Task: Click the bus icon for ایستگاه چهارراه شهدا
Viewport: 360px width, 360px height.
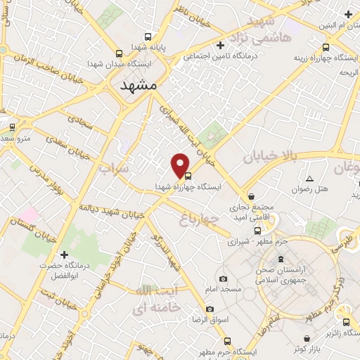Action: pyautogui.click(x=188, y=177)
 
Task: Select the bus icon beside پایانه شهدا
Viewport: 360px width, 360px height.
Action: pyautogui.click(x=147, y=37)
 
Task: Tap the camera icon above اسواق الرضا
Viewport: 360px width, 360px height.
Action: pyautogui.click(x=210, y=309)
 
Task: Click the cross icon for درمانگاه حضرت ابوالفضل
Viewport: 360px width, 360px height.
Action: pyautogui.click(x=64, y=254)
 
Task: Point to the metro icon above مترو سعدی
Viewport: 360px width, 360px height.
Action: pyautogui.click(x=12, y=127)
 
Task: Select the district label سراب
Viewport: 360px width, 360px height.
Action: pyautogui.click(x=114, y=169)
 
